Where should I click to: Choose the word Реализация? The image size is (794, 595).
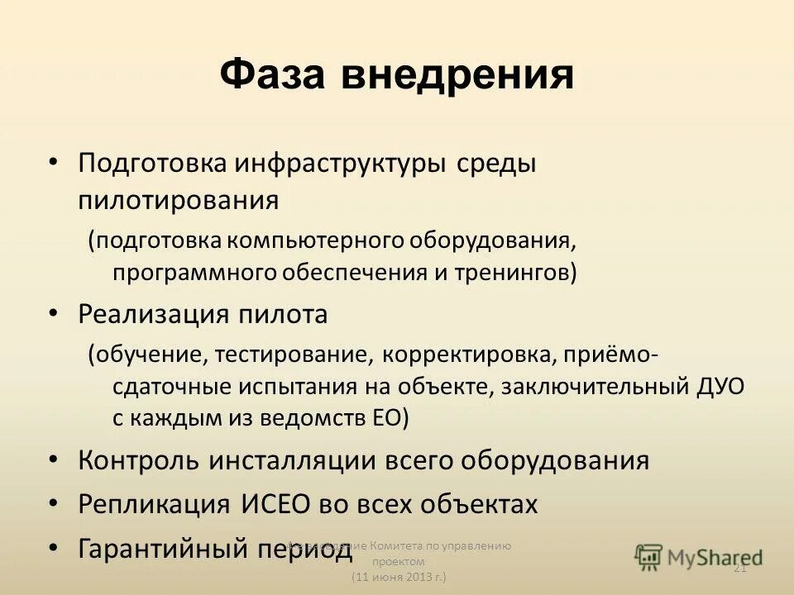click(154, 314)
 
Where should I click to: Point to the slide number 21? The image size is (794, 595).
click(740, 567)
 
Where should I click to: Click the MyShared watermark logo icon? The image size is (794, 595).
click(649, 556)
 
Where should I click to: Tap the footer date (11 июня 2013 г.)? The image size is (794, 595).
click(399, 575)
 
